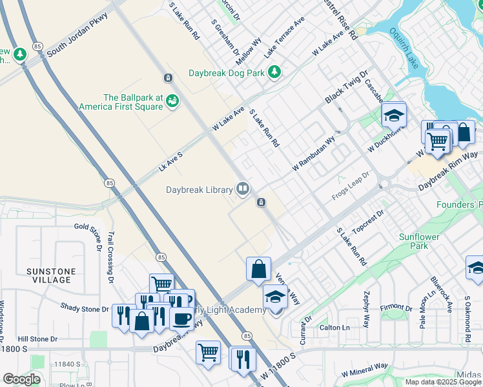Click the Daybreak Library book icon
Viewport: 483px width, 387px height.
pos(243,189)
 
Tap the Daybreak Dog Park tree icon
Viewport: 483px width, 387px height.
pos(274,72)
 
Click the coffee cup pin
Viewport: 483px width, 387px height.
pos(181,319)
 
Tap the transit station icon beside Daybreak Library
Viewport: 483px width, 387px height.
pos(261,203)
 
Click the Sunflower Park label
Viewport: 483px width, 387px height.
pos(418,241)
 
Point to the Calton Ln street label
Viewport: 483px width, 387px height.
pos(334,328)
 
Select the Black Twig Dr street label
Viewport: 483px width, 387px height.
pos(345,86)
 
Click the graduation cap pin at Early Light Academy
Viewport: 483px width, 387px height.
pos(275,298)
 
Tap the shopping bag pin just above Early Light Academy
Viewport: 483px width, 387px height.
pos(258,269)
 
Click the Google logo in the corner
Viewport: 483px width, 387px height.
pos(21,379)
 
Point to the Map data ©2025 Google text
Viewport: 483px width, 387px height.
pos(443,382)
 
